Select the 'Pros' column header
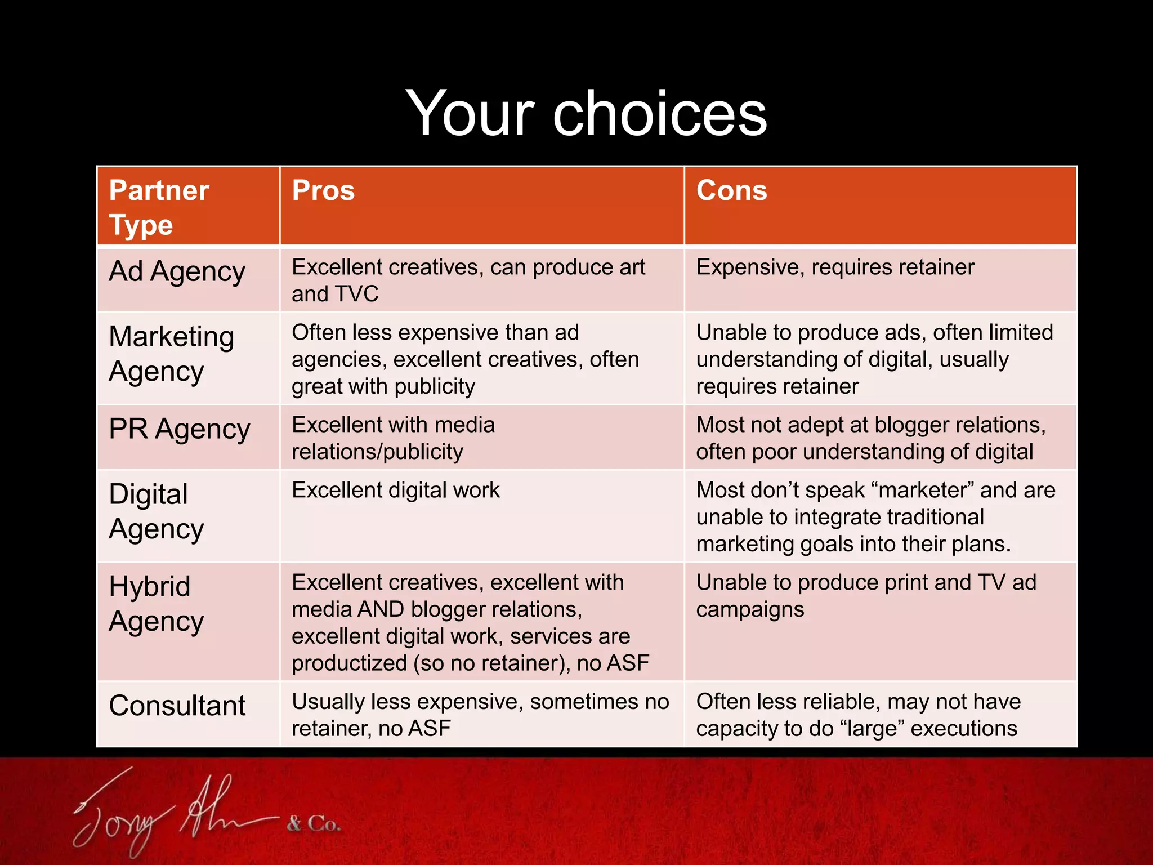(x=323, y=191)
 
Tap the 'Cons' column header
(x=731, y=191)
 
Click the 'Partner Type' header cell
(x=159, y=208)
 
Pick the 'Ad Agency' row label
(x=177, y=272)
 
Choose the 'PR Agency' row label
(x=179, y=430)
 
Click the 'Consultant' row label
(x=177, y=706)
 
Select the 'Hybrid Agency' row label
(x=156, y=604)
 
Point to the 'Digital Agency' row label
(x=156, y=512)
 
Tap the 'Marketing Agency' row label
(x=171, y=354)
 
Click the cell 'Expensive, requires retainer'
(x=835, y=267)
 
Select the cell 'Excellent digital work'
(x=395, y=491)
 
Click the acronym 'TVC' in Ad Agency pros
(x=356, y=295)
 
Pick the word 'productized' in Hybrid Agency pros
(x=349, y=663)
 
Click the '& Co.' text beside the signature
(x=313, y=824)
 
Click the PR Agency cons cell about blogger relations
(x=870, y=439)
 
